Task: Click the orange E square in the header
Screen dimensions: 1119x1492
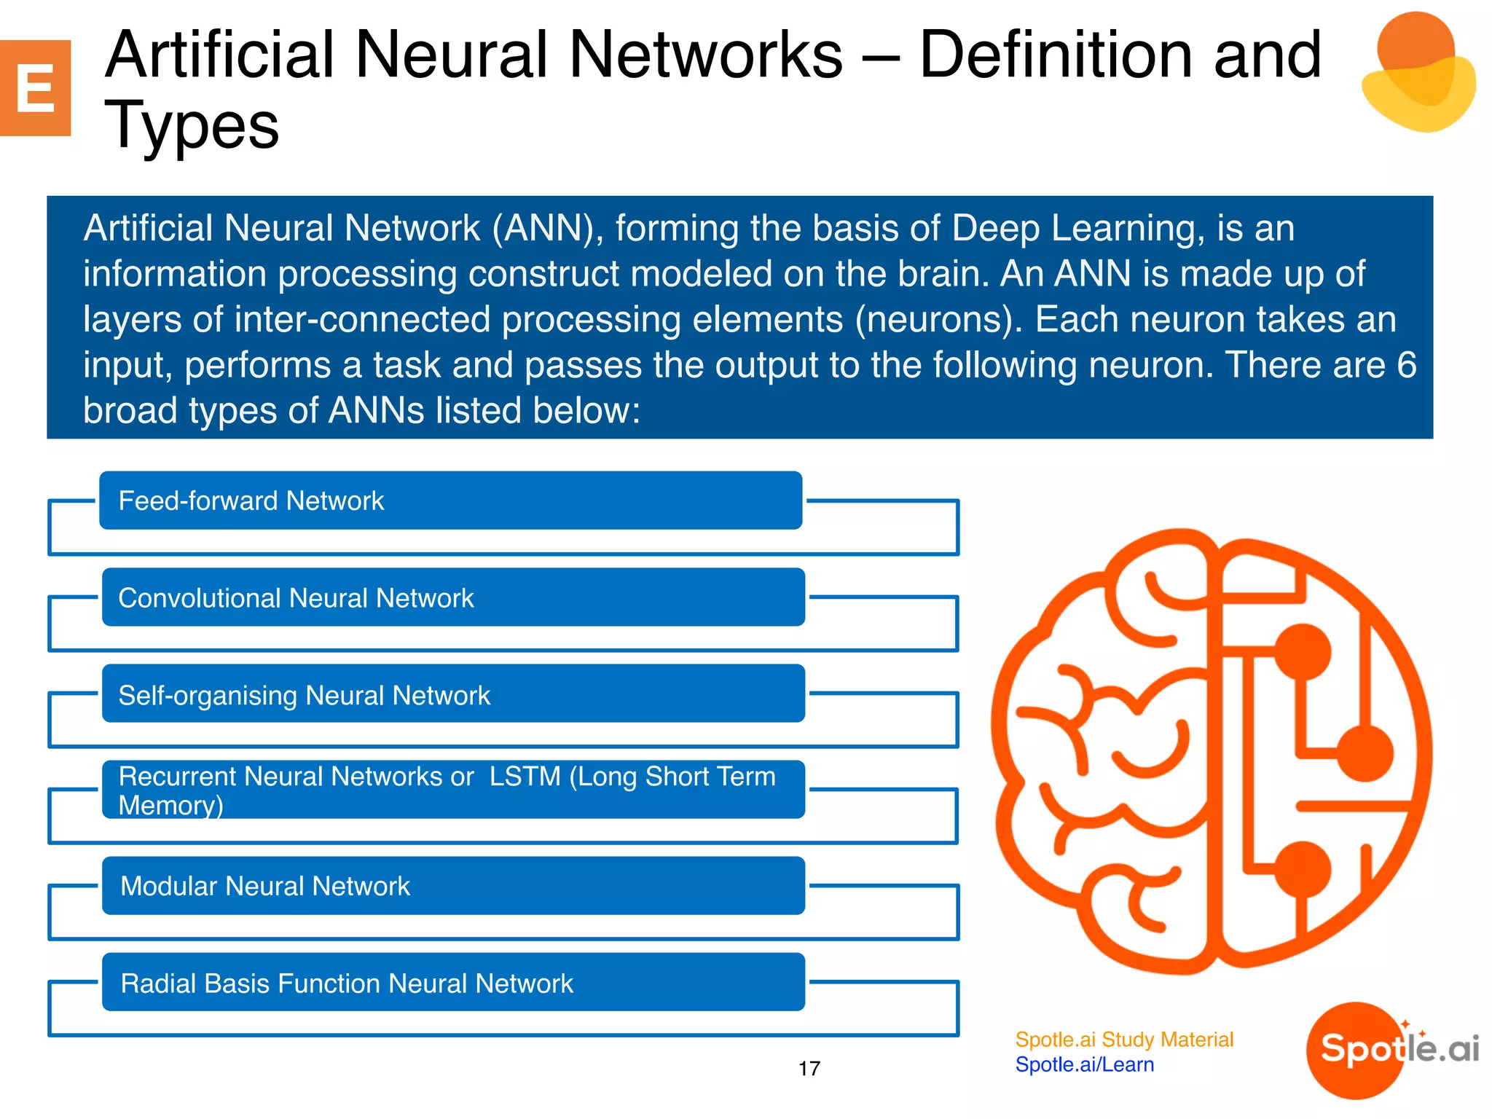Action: click(x=35, y=88)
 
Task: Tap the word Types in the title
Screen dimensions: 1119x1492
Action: click(x=192, y=125)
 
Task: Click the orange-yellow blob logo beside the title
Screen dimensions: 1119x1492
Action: click(x=1416, y=73)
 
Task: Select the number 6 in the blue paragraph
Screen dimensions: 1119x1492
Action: click(x=1406, y=364)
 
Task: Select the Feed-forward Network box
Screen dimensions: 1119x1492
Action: click(x=450, y=500)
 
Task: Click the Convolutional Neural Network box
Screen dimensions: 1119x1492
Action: click(x=452, y=597)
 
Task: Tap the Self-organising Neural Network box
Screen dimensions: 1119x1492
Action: click(x=452, y=694)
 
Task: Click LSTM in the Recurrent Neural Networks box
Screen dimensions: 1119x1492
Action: click(x=525, y=777)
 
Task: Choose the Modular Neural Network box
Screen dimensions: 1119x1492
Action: click(x=452, y=886)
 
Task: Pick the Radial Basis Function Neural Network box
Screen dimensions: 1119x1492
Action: click(x=452, y=983)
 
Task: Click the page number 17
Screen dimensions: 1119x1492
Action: click(x=809, y=1069)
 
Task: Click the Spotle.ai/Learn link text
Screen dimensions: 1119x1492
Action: click(x=1084, y=1065)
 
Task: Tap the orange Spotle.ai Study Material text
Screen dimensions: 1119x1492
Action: click(x=1123, y=1040)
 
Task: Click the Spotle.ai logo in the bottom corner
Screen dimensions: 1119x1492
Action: click(x=1391, y=1050)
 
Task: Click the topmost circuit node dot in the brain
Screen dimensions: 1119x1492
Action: click(x=1303, y=651)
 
